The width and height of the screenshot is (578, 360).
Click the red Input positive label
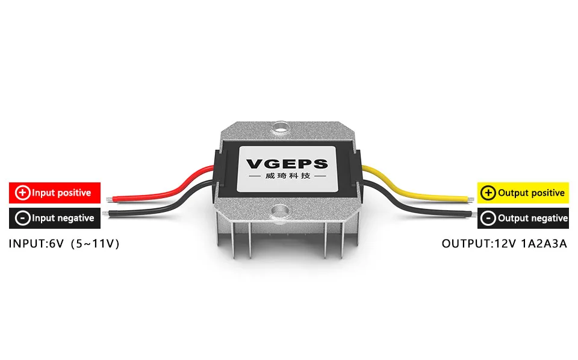[54, 193]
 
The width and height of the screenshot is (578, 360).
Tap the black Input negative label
[54, 218]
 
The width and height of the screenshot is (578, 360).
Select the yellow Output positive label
[523, 193]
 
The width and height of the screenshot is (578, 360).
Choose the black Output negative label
[523, 218]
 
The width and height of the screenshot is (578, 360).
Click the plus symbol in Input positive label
[22, 193]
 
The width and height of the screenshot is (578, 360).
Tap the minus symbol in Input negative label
[22, 218]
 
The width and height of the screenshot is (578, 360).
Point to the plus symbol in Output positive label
[489, 193]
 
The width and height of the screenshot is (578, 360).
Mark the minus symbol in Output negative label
[489, 218]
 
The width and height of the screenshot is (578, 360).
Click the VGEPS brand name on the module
[288, 163]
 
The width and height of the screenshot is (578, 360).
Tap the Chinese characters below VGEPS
[288, 176]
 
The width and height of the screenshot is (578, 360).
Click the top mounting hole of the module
[280, 128]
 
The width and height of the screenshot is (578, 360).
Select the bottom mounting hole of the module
[280, 210]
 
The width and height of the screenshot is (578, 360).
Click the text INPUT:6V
[35, 244]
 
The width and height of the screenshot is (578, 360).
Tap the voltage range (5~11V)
[96, 244]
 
